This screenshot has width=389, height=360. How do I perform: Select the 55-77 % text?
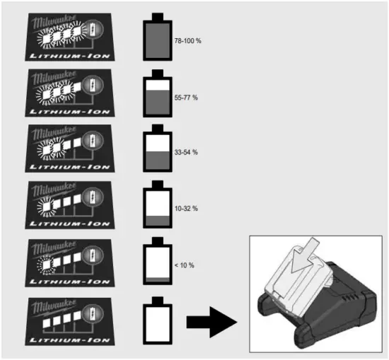(x=186, y=97)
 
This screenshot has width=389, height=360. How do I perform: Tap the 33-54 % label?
(x=186, y=153)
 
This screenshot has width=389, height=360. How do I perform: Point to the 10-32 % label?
(x=186, y=209)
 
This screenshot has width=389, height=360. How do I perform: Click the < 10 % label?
(x=184, y=265)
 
